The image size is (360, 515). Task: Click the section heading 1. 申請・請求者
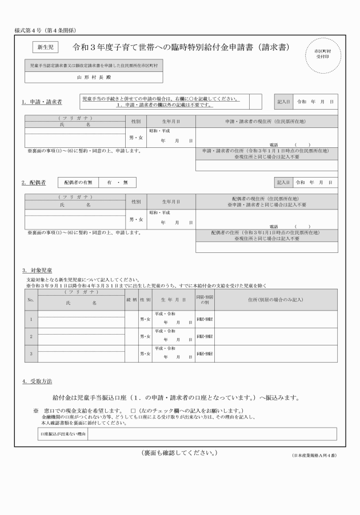(x=42, y=102)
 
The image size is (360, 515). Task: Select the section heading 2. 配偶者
(x=34, y=182)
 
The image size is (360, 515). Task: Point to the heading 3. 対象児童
(x=37, y=270)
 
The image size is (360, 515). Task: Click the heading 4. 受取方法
(x=37, y=381)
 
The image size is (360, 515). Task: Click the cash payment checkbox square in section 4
(x=133, y=411)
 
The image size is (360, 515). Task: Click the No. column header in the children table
(x=31, y=299)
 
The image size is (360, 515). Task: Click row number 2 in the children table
(x=31, y=337)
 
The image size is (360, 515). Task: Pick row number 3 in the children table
(x=31, y=354)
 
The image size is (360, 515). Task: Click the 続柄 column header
(x=131, y=299)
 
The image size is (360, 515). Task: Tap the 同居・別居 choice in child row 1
(x=205, y=320)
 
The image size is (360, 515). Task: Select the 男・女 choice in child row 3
(x=145, y=354)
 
